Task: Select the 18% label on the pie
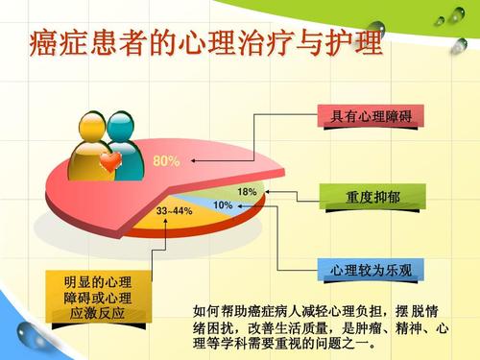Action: (x=247, y=192)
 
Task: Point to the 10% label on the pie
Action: (x=223, y=205)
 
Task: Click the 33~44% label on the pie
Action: (x=174, y=210)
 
